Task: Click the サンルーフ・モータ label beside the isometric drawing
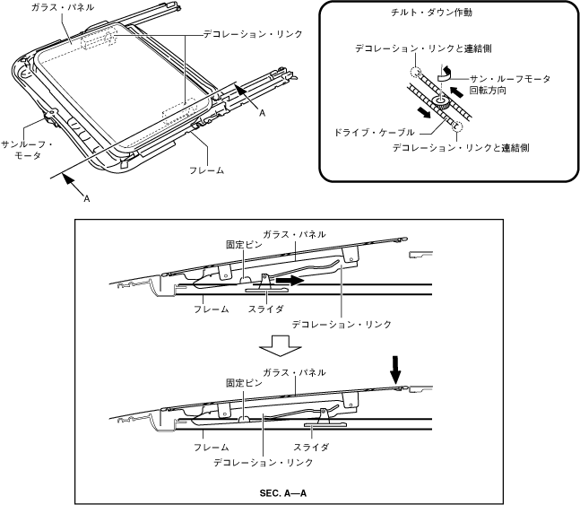click(28, 149)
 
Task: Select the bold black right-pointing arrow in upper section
click(288, 280)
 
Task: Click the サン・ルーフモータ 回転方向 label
click(522, 85)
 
